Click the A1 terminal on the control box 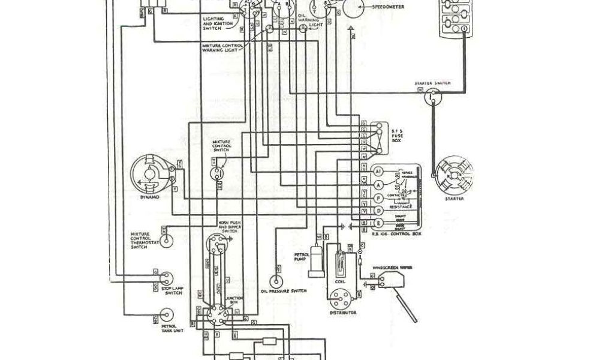pos(378,171)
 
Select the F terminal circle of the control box pos(378,197)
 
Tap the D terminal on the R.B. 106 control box pos(378,211)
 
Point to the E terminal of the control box pos(378,224)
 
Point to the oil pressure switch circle pos(276,281)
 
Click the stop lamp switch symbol pos(167,277)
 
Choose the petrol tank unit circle pos(167,314)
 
